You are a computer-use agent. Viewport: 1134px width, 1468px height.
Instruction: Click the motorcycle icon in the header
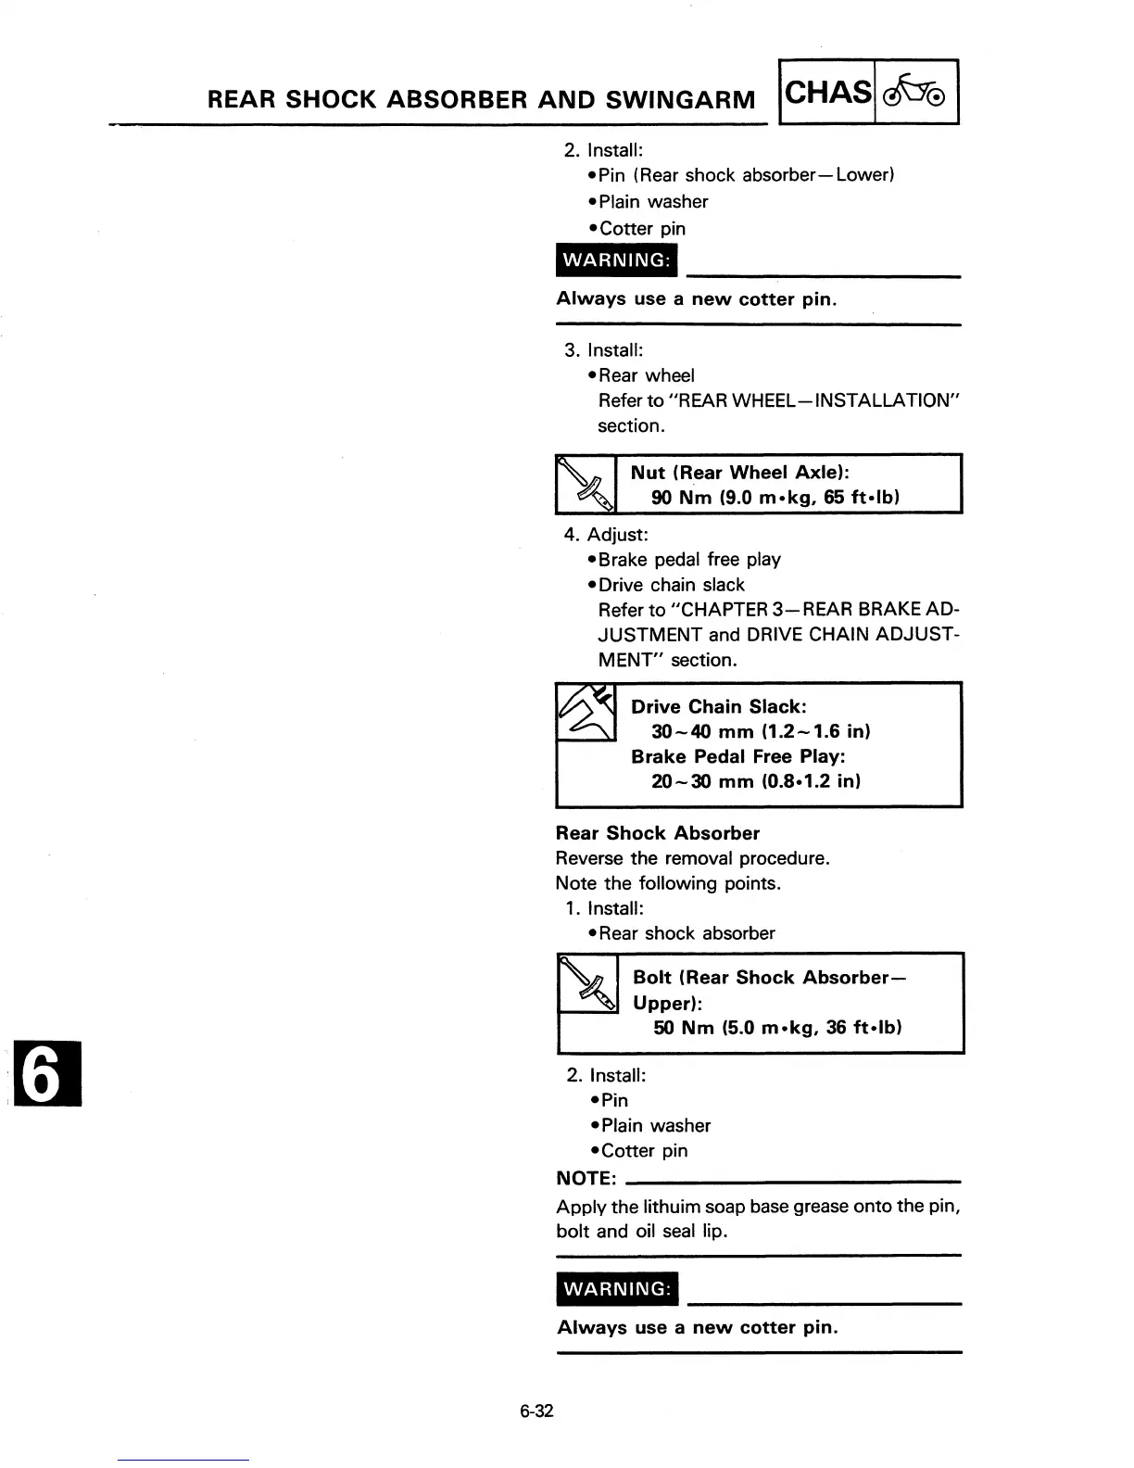915,92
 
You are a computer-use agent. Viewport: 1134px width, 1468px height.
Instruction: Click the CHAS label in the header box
828,92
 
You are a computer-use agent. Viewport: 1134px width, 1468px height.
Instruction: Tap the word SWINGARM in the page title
680,99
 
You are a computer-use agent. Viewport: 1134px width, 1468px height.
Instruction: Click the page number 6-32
536,1411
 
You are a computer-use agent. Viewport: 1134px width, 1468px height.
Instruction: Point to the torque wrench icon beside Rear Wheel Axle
586,484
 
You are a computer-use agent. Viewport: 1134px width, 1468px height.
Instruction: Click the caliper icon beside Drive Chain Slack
586,712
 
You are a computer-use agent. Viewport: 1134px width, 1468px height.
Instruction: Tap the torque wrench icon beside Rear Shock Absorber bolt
588,983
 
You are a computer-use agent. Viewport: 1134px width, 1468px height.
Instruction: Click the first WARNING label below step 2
616,259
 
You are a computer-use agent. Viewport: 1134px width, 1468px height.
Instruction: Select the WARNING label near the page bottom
617,1289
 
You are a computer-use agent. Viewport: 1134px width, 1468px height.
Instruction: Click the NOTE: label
586,1178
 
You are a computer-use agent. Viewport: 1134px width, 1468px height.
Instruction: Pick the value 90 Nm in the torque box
681,497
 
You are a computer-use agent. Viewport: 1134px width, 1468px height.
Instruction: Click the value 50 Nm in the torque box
683,1027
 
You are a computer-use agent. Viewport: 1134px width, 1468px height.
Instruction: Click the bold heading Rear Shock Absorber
658,833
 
